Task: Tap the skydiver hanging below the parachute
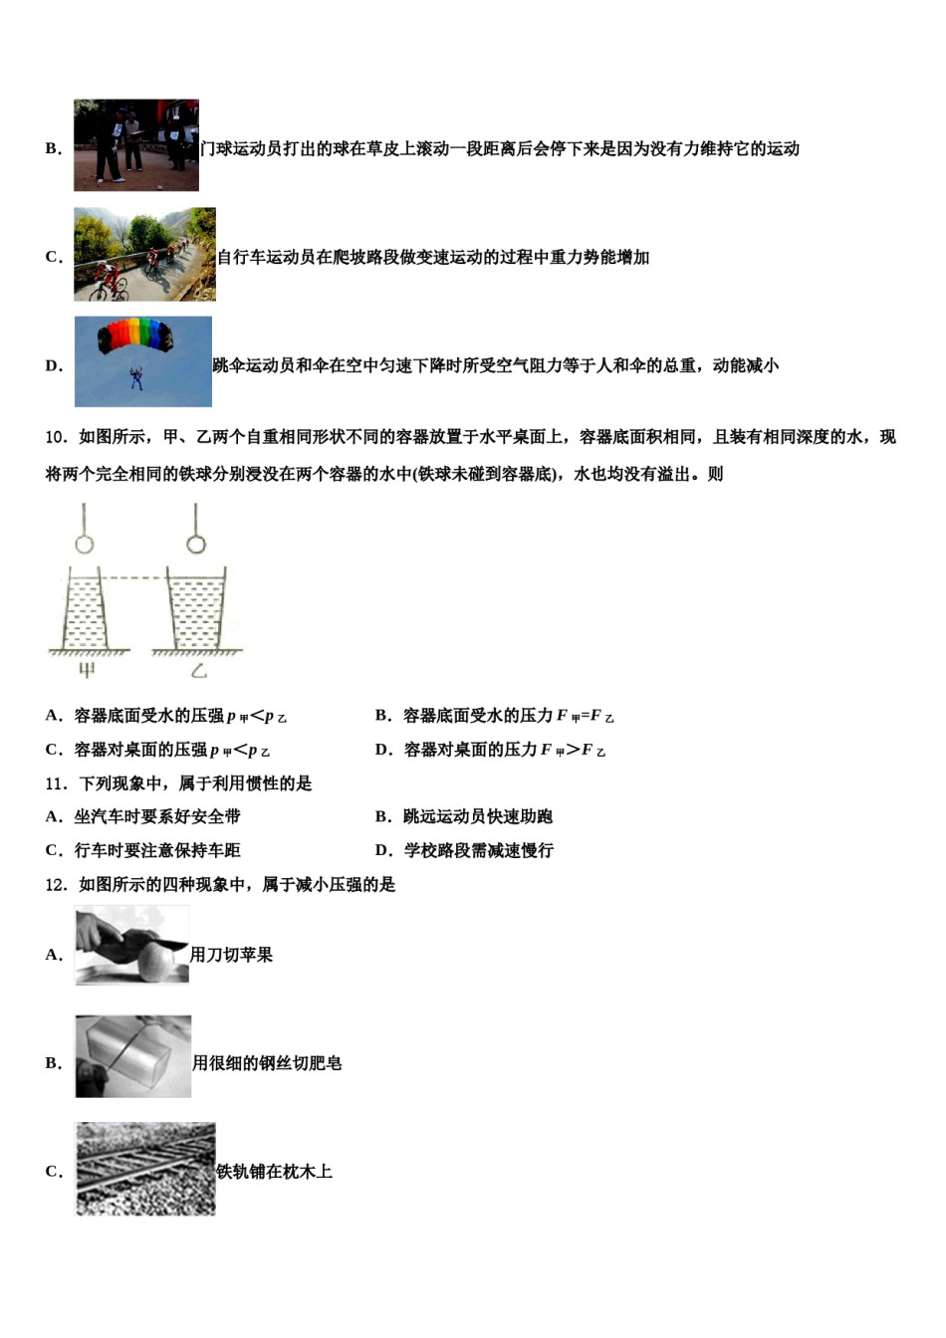[x=136, y=378]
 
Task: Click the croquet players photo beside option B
[x=136, y=145]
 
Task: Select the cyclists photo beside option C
[x=144, y=255]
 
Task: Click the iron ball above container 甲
[x=85, y=544]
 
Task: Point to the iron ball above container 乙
[x=196, y=544]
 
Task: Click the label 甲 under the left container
[x=87, y=670]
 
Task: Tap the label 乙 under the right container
[x=198, y=670]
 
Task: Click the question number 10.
[x=56, y=437]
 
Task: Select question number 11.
[x=56, y=783]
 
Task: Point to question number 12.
[x=56, y=884]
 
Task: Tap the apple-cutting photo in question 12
[x=131, y=946]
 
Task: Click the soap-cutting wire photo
[x=133, y=1056]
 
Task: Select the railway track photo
[x=145, y=1169]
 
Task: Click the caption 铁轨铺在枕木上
[x=275, y=1172]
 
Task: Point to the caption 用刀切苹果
[x=231, y=955]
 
